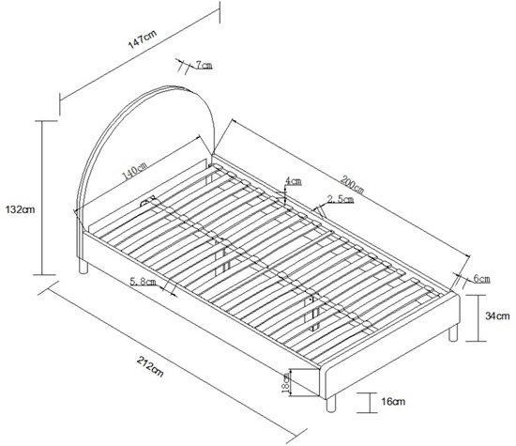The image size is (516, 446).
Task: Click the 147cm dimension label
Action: [x=143, y=39]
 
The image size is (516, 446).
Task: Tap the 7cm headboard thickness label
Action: [x=204, y=65]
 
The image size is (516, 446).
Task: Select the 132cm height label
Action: [x=20, y=209]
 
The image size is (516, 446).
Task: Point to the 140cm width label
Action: [x=135, y=170]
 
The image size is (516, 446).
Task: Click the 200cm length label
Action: [x=352, y=184]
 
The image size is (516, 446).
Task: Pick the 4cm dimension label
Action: [x=293, y=181]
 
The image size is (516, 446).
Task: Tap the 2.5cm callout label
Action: [x=341, y=199]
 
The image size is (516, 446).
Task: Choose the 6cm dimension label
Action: [x=482, y=279]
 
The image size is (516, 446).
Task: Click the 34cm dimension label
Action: [x=497, y=315]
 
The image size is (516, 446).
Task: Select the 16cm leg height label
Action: [x=393, y=402]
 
